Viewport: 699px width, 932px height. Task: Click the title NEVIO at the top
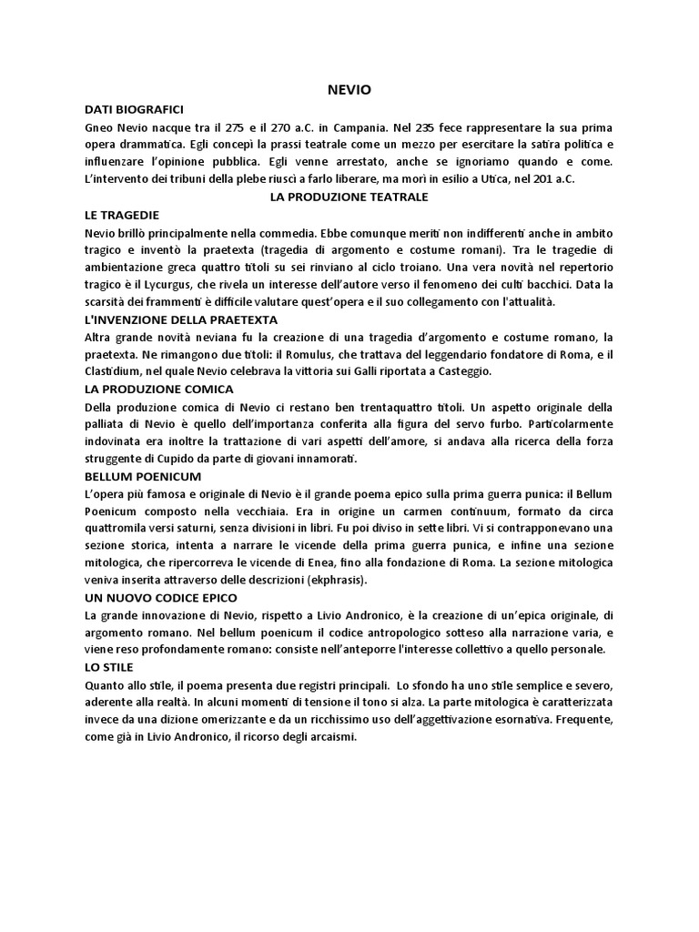[x=349, y=89]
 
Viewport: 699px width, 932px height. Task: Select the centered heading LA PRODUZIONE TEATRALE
[x=349, y=197]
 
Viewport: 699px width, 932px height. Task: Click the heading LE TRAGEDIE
[x=121, y=214]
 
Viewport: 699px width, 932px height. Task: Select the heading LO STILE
[x=106, y=667]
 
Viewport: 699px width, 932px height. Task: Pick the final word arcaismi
[x=330, y=737]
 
